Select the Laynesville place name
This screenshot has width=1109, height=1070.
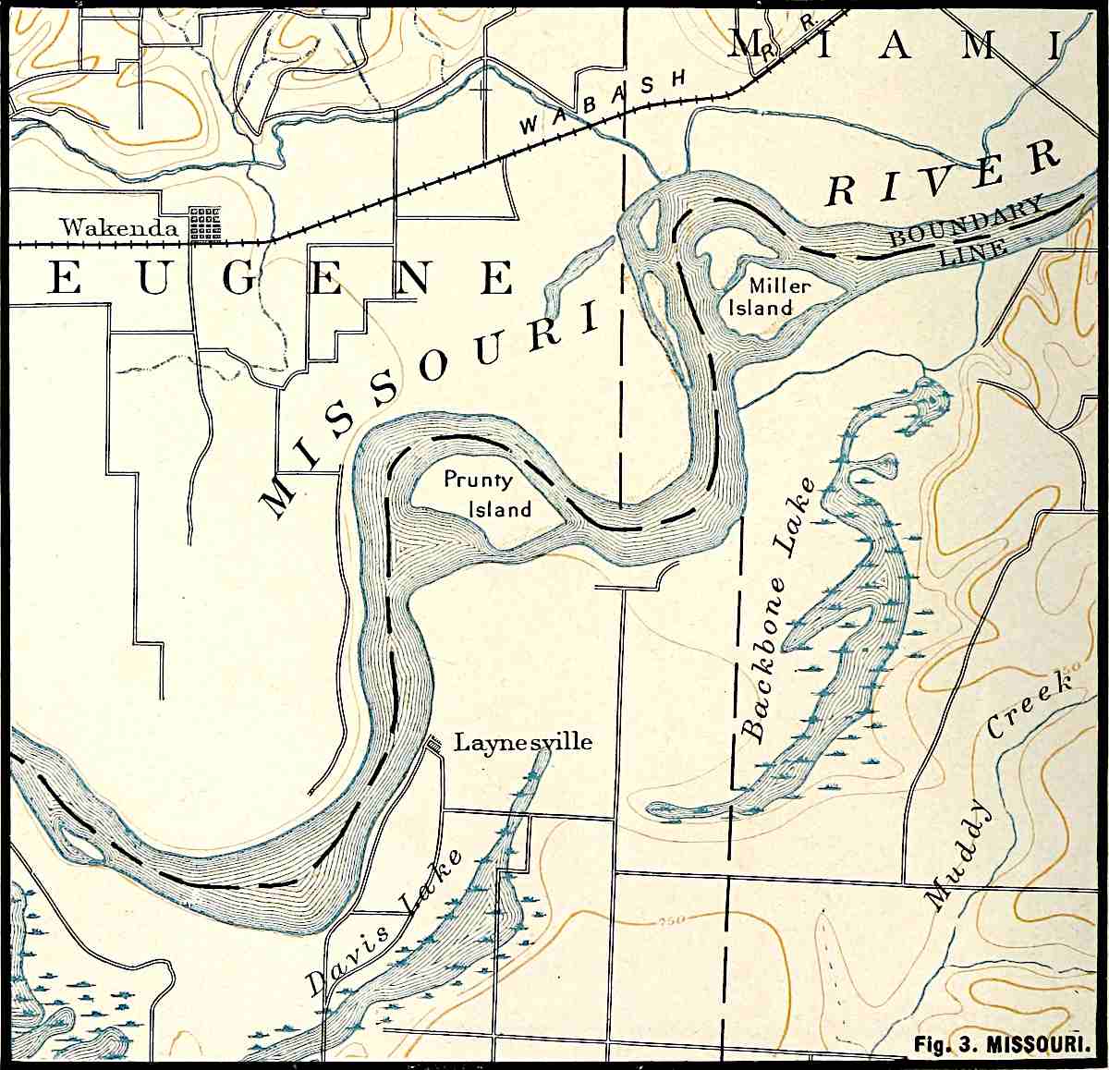point(522,742)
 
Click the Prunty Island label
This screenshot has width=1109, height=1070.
point(489,494)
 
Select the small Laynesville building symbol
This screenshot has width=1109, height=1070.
point(432,741)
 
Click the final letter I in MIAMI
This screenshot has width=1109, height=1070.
point(1055,44)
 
